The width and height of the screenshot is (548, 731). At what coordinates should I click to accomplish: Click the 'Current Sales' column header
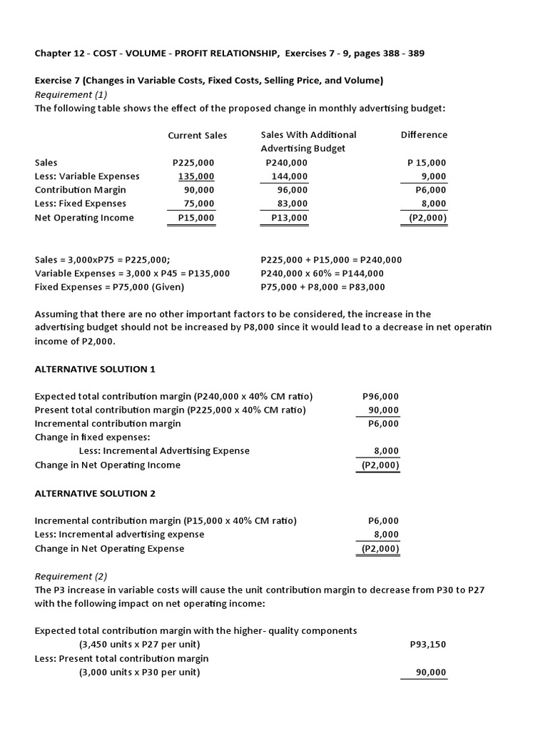(x=197, y=135)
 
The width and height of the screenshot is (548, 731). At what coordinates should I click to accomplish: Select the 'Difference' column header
(x=424, y=135)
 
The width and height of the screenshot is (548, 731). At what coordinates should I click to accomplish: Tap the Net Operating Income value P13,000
(x=290, y=218)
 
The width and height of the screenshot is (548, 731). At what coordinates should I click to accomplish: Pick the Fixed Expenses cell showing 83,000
(x=293, y=204)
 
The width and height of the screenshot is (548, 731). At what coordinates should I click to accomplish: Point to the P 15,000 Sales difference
(x=427, y=163)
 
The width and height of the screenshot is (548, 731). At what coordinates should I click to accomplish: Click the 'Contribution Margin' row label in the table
(x=81, y=190)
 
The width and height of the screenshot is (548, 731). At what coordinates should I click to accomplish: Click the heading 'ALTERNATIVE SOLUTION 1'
(x=95, y=369)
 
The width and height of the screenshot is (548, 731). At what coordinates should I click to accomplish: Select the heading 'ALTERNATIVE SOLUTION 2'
(x=95, y=493)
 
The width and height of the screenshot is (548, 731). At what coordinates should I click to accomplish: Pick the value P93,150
(x=428, y=645)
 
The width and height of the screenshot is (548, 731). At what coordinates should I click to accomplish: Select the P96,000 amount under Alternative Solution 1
(x=381, y=396)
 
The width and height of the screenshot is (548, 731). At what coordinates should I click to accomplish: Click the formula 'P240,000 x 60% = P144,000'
(x=323, y=273)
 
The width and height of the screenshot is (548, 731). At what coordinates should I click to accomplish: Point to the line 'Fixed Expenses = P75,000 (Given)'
(x=109, y=287)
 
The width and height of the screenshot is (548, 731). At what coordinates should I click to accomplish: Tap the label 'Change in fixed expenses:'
(x=93, y=437)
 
